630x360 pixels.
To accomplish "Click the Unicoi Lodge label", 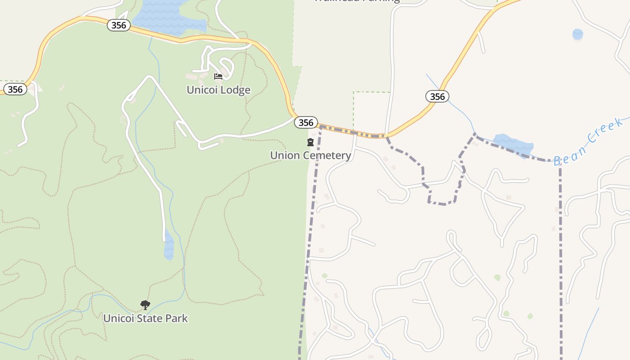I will [x=218, y=90].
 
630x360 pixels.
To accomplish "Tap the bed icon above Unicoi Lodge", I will [x=218, y=76].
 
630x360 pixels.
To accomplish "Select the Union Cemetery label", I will [x=310, y=155].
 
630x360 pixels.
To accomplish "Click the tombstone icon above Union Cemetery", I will [x=310, y=143].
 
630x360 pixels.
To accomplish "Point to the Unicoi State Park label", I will [x=145, y=318].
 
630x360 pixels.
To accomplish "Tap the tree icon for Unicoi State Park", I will [x=145, y=305].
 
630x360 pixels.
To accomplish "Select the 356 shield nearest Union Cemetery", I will [x=306, y=122].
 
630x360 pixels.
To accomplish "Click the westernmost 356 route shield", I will [x=15, y=89].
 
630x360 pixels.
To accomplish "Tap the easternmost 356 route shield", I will [x=437, y=96].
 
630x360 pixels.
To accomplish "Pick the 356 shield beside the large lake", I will [x=119, y=25].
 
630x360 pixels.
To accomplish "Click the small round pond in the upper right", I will [x=577, y=34].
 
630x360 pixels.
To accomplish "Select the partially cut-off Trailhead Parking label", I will [x=356, y=1].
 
